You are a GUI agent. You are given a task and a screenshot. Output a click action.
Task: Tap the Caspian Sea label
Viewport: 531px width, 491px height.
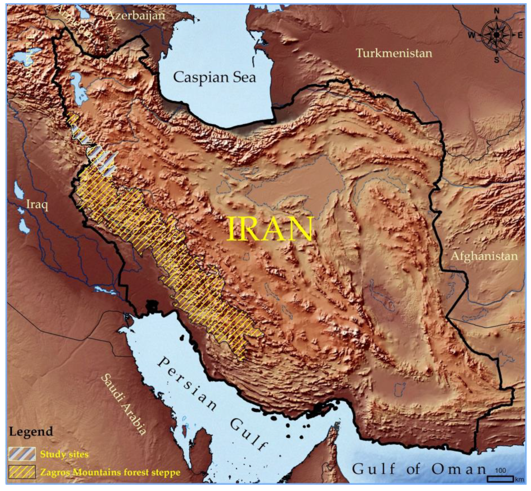tap(214, 78)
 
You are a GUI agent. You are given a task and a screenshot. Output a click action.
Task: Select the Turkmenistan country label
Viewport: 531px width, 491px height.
tap(394, 53)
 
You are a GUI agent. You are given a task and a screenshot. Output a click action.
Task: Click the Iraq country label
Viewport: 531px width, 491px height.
tap(37, 205)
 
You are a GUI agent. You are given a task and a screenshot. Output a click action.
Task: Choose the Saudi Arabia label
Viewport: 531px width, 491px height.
tap(124, 404)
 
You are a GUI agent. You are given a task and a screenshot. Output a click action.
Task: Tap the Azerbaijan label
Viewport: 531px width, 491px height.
tap(136, 16)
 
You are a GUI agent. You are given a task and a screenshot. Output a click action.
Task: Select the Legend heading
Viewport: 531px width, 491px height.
tap(31, 432)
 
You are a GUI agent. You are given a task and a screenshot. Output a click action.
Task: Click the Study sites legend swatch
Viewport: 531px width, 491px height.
tap(22, 453)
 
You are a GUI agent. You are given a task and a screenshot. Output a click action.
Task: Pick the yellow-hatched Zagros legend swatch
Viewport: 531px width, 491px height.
tap(22, 472)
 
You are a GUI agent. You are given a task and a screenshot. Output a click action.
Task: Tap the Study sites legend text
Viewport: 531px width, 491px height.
tap(64, 454)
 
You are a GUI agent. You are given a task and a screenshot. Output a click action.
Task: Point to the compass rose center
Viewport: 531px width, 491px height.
tap(496, 35)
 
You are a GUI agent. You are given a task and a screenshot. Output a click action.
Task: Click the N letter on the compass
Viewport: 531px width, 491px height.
tap(496, 11)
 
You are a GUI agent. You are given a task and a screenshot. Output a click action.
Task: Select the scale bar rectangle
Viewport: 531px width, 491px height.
tap(500, 479)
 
